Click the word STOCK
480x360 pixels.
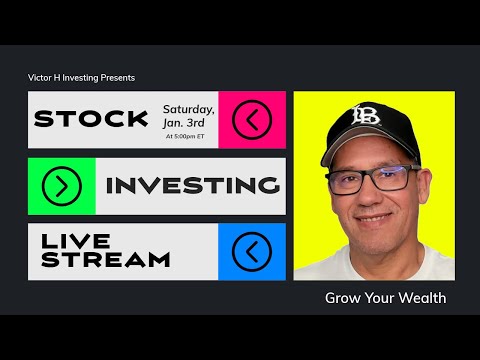(90, 120)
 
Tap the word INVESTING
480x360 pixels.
(192, 185)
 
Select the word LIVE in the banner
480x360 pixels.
(71, 241)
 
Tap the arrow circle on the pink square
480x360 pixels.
(251, 120)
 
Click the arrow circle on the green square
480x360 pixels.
(62, 185)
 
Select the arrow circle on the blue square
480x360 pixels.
(251, 251)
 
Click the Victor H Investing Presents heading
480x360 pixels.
(81, 78)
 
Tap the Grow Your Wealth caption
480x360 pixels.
(385, 298)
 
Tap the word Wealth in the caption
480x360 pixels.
(420, 298)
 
